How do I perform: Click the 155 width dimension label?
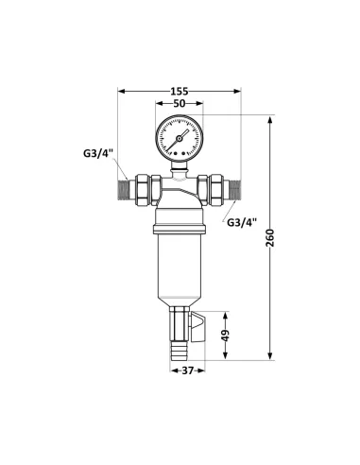(180, 92)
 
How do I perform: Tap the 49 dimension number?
(225, 336)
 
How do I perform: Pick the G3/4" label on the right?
(242, 222)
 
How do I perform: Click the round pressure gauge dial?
(180, 138)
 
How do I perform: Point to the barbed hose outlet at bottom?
(180, 345)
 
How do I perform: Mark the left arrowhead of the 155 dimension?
(120, 92)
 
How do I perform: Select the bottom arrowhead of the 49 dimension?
(225, 356)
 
